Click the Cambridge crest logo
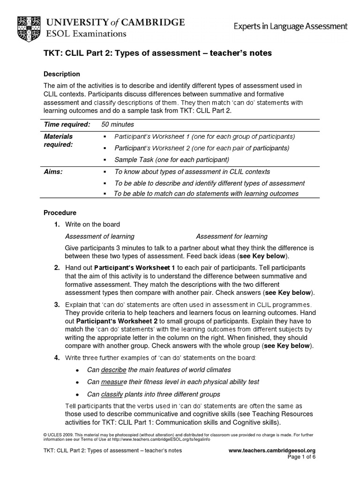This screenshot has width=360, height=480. [29, 26]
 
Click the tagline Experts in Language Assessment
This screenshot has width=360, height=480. [291, 27]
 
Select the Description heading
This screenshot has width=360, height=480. [62, 74]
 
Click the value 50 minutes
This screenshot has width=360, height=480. [118, 124]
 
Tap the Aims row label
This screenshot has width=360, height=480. [53, 172]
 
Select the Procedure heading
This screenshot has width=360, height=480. [60, 212]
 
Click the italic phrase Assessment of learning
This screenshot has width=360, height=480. [99, 236]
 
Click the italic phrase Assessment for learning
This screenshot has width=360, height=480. [232, 236]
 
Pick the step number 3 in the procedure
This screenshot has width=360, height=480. [56, 305]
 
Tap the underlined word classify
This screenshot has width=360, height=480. [113, 394]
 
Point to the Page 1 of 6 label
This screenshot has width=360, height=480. [300, 457]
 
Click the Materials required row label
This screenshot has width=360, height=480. [59, 141]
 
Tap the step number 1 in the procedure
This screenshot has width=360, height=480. [56, 225]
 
